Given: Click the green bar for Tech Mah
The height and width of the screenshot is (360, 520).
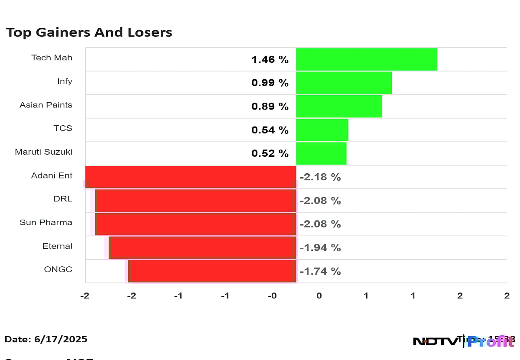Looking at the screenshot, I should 367,59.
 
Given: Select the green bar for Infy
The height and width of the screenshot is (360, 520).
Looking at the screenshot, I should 344,83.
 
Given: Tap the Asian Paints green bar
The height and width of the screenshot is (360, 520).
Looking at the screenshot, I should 339,106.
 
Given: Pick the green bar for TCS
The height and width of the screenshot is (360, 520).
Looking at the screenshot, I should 322,130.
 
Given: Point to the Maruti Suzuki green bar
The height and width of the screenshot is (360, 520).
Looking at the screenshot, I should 321,153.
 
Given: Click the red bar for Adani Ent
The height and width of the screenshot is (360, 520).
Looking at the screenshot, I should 191,177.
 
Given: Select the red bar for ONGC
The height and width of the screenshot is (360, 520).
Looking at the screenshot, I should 213,271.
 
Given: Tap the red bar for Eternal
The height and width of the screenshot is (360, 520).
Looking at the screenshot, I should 203,247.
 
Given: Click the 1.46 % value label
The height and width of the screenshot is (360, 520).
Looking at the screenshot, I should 270,60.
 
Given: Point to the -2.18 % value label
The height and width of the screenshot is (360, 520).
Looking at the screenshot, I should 320,177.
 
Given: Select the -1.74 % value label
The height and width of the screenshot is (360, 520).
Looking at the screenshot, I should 320,271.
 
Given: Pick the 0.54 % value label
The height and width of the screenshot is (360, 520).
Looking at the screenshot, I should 270,130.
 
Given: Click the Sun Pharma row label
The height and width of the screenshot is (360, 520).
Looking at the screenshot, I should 46,223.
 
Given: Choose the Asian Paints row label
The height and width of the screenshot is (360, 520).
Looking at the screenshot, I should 46,105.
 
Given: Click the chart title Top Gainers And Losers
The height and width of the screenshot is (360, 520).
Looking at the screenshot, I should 89,32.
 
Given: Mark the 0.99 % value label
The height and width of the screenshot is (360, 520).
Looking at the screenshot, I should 270,83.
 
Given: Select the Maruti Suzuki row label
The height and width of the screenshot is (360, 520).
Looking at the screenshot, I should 43,152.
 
